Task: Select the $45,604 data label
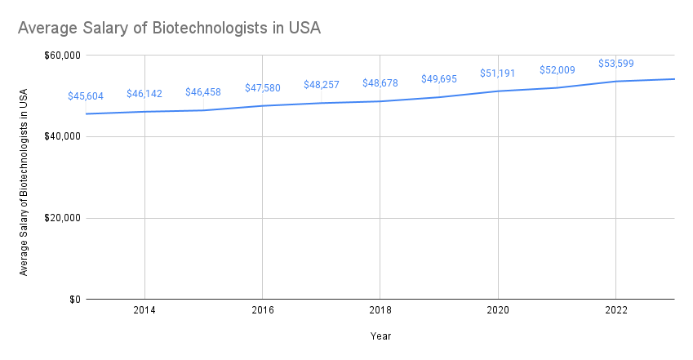point(86,96)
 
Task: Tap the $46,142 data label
point(144,94)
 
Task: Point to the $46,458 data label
point(203,92)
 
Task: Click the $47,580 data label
point(263,87)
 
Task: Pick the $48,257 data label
point(322,85)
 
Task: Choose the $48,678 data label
point(380,83)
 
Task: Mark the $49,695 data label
point(439,79)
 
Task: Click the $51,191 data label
point(498,73)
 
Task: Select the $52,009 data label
point(557,69)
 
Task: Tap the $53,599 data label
point(615,63)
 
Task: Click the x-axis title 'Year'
point(380,336)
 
